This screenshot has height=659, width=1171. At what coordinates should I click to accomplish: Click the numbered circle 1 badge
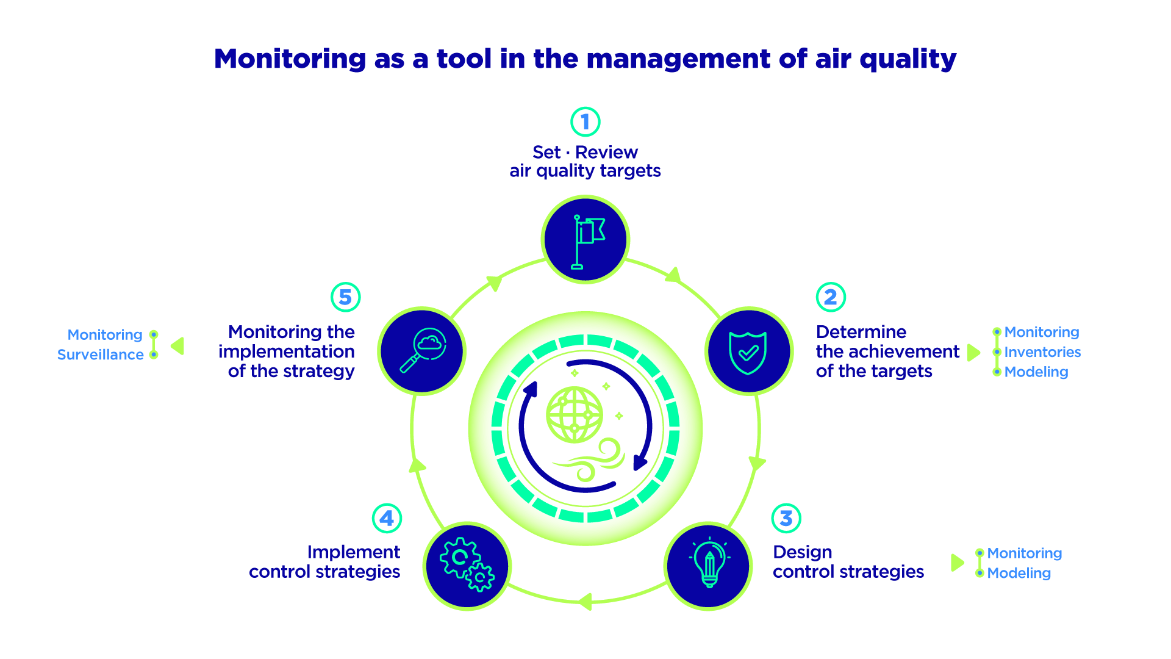click(x=585, y=122)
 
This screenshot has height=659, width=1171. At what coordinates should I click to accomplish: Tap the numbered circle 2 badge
click(x=831, y=297)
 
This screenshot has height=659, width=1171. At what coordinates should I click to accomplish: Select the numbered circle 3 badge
click(x=786, y=518)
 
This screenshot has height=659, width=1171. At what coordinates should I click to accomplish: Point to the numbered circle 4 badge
click(x=387, y=518)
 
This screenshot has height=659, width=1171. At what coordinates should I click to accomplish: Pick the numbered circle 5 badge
click(x=345, y=297)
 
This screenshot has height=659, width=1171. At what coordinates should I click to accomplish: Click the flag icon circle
click(x=585, y=239)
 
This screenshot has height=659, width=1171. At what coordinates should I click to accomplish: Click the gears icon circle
click(x=467, y=566)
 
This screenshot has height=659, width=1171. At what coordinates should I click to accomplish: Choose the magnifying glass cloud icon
click(x=421, y=351)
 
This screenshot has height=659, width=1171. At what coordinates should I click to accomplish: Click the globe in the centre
click(x=575, y=415)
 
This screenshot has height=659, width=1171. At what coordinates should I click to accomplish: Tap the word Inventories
click(x=1042, y=352)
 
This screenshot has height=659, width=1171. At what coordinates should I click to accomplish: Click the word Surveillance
click(x=101, y=355)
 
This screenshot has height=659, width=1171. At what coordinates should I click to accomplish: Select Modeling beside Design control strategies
click(x=1019, y=573)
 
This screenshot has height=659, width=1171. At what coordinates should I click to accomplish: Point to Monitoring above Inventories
click(x=1042, y=333)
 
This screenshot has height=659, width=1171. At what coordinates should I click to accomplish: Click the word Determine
click(x=861, y=332)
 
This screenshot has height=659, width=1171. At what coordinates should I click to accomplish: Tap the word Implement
click(x=354, y=552)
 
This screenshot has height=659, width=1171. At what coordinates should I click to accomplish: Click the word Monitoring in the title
click(x=290, y=59)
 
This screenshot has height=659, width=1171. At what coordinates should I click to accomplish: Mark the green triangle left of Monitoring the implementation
click(x=177, y=346)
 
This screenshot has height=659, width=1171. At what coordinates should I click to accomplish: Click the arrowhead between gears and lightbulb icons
click(x=584, y=601)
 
